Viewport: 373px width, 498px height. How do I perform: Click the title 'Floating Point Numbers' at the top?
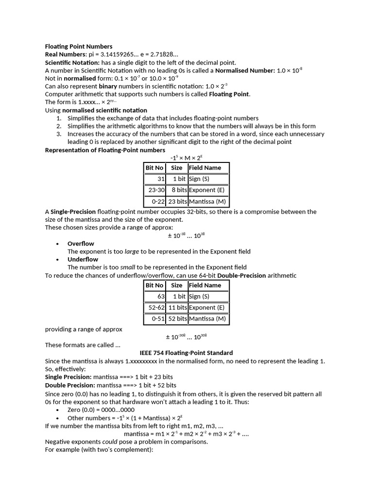point(79,47)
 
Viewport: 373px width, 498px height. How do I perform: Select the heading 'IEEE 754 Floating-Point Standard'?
point(186,353)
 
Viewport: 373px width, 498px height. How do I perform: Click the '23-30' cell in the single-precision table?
point(155,190)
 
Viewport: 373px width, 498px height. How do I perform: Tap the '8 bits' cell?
point(177,190)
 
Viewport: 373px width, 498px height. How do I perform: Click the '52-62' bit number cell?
point(155,308)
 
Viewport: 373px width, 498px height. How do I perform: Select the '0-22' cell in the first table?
point(155,201)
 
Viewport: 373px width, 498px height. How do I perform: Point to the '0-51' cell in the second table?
point(155,319)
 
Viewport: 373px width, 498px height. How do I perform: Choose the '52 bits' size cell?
point(177,319)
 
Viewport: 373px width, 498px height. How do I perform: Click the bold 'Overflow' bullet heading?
point(81,244)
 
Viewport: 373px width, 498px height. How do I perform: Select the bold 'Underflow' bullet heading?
point(83,259)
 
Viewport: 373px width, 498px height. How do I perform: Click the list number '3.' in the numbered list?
point(59,134)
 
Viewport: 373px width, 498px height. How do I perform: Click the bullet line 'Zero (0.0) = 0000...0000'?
point(101,410)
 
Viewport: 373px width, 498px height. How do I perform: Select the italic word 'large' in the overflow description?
point(132,251)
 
